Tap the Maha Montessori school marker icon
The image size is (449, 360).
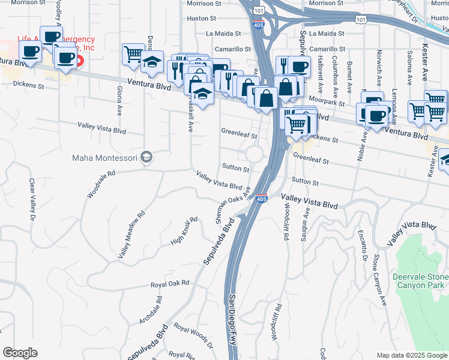tap(146, 157)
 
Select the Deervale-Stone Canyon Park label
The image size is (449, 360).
tap(420, 281)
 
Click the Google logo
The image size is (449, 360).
tap(20, 353)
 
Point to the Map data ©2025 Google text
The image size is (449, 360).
tap(411, 355)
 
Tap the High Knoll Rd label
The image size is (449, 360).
tap(184, 230)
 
